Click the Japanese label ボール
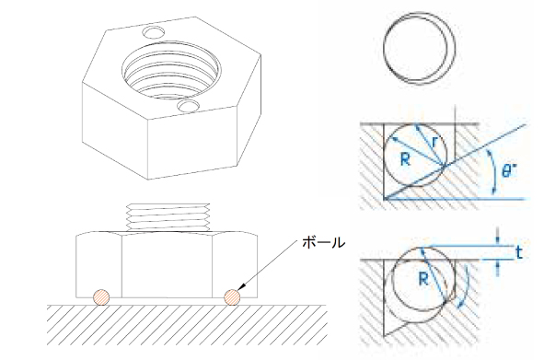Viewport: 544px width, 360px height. (x=323, y=243)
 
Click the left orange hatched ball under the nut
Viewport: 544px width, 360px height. (x=101, y=297)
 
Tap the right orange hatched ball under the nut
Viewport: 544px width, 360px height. (x=232, y=297)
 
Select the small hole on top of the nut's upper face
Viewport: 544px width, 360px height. (x=154, y=32)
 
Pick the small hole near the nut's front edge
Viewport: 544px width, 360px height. (x=188, y=106)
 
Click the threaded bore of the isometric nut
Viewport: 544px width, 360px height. (x=171, y=70)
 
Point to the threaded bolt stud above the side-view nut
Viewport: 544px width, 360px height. (x=168, y=216)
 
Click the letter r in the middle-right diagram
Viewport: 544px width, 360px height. (x=435, y=141)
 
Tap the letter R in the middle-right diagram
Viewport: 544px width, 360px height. (x=405, y=159)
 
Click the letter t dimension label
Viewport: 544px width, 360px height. (x=518, y=252)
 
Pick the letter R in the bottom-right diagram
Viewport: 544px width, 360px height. (x=423, y=278)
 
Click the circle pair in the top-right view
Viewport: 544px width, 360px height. (x=420, y=48)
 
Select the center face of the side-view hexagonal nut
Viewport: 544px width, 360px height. (x=167, y=265)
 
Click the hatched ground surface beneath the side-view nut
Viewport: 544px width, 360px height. (x=187, y=325)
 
